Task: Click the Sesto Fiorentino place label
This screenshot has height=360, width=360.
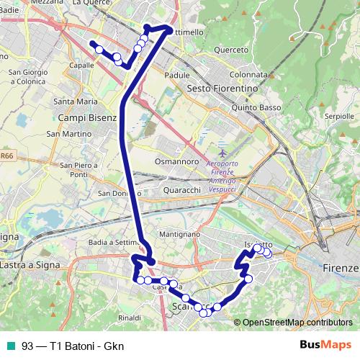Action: coord(222,88)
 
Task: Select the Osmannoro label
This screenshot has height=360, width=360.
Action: coord(177,162)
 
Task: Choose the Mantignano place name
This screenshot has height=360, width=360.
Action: coord(180,235)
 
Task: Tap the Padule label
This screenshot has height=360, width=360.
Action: coord(177,74)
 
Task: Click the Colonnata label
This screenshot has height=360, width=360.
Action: coord(248,74)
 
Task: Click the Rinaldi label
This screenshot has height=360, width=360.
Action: coord(130,317)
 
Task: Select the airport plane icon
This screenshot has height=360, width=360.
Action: coord(222,153)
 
